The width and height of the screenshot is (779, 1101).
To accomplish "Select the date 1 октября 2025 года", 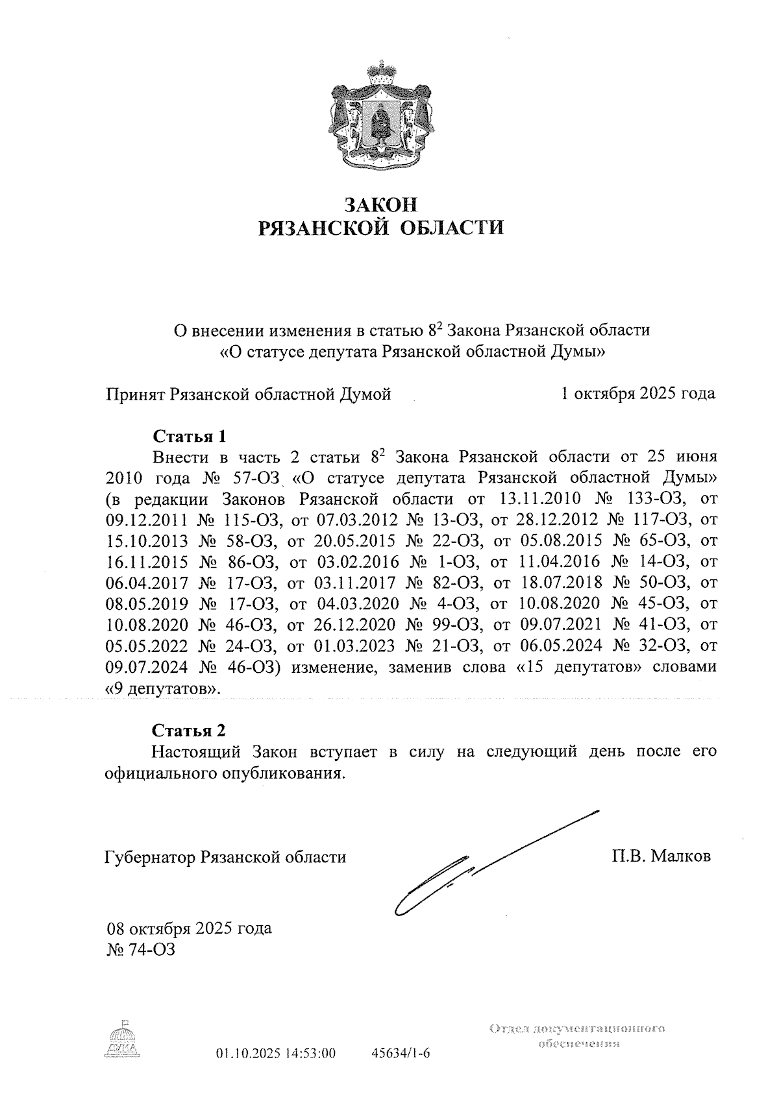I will coord(638,393).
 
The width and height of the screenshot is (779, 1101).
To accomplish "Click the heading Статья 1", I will coord(189,435).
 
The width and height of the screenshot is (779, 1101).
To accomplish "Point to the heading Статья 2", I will coord(189,730).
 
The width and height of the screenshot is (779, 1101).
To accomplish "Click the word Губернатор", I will coord(151,857).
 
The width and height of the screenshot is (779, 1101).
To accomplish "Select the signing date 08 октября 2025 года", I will coord(190,928).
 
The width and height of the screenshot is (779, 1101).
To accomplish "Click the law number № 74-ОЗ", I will coord(140,949).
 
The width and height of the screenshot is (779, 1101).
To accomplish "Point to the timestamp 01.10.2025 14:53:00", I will coord(275,1052).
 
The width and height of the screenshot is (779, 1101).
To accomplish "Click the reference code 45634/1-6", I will coord(400,1052).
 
